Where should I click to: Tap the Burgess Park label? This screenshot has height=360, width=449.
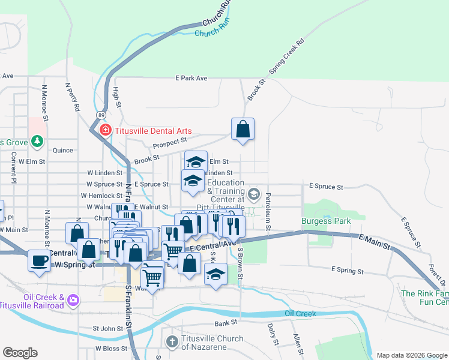[326, 221]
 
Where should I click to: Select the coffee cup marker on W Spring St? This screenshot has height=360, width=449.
[40, 261]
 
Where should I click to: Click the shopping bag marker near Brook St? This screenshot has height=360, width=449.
[243, 129]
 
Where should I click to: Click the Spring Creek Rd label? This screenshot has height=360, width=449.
[287, 58]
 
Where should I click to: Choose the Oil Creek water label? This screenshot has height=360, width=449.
[300, 313]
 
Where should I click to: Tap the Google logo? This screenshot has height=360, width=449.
[19, 353]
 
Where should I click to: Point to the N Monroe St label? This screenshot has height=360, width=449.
[44, 96]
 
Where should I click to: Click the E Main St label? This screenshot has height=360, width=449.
[374, 243]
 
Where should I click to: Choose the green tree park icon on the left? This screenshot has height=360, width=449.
[38, 141]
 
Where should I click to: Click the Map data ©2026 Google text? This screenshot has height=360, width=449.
[411, 355]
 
